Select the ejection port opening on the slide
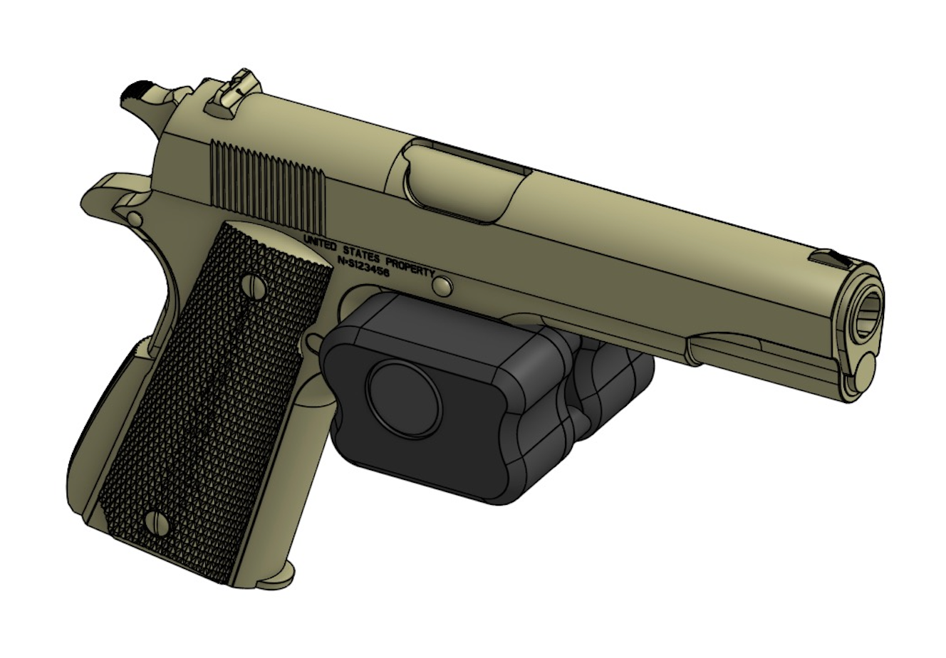[463, 178]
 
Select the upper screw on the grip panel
[257, 287]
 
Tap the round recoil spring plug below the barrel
[865, 372]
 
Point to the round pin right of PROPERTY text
[443, 285]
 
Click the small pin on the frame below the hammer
[135, 216]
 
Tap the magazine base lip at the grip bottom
[278, 574]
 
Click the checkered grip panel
[214, 399]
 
